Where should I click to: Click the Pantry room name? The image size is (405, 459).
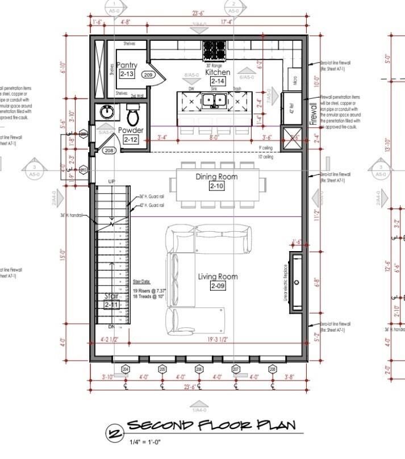(x=127, y=66)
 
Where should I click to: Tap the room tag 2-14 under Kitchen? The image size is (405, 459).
(x=218, y=82)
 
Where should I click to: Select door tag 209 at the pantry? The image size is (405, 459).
(x=148, y=74)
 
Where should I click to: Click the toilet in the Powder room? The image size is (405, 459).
(x=133, y=117)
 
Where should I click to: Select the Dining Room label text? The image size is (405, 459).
(x=216, y=177)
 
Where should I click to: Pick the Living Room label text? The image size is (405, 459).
(x=218, y=277)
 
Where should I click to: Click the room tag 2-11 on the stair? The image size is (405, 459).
(x=112, y=305)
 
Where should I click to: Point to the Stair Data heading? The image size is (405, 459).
(x=144, y=281)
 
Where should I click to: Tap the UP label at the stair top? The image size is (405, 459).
(x=112, y=181)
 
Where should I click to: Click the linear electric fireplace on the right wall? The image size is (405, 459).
(x=297, y=283)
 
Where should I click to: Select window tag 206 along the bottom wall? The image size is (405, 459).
(x=199, y=369)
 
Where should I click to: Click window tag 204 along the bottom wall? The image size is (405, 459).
(x=126, y=369)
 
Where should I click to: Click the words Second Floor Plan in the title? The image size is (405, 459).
(x=211, y=426)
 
